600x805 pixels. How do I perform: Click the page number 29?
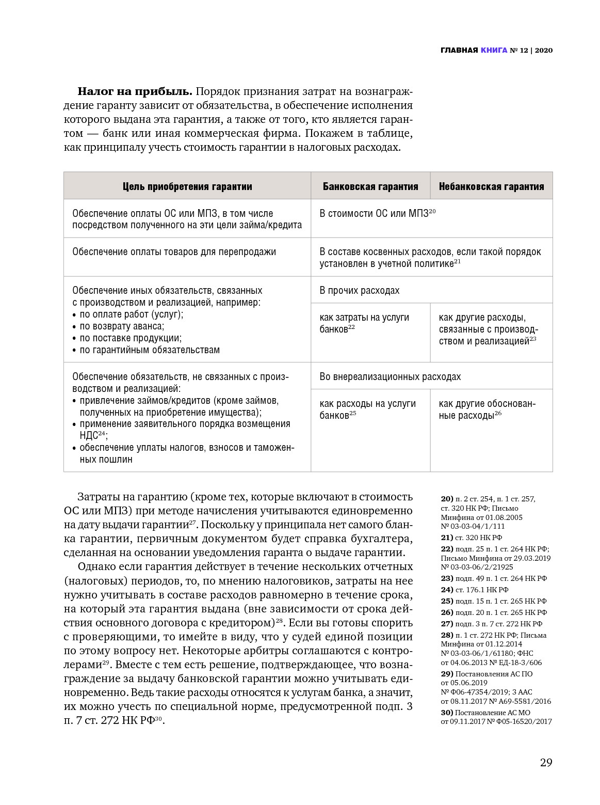pos(546,763)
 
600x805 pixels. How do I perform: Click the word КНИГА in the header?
pos(494,50)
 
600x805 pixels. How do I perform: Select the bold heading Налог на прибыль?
pos(135,92)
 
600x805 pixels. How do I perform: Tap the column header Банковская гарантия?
pos(370,186)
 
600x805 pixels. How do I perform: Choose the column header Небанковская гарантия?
pos(491,186)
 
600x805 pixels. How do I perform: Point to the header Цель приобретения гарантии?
pos(187,186)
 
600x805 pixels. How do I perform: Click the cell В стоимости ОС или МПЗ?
pos(377,213)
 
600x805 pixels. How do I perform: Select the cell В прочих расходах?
pos(360,290)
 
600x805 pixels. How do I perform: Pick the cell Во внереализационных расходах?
pos(390,376)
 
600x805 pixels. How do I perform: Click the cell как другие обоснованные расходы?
pos(487,409)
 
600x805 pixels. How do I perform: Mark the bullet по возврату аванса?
pos(121,326)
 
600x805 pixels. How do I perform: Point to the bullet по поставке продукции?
pos(130,338)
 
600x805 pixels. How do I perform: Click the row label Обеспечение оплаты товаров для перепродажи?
pos(174,252)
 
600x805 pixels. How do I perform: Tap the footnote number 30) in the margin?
pos(447,713)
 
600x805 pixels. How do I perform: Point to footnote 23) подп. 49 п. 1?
pos(494,578)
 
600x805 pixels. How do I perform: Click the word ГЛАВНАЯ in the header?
pos(459,50)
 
